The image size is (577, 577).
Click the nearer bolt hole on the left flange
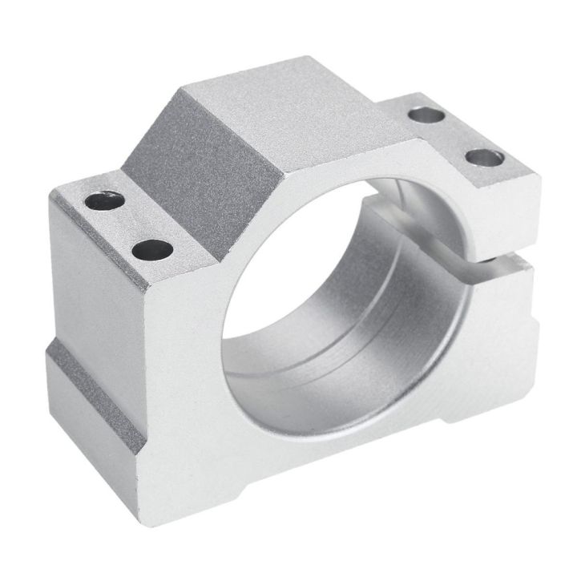click(152, 250)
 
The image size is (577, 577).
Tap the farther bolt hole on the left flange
click(105, 200)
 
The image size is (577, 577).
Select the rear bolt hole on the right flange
click(426, 114)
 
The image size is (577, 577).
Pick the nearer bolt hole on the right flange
click(484, 158)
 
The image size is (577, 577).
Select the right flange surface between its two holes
click(455, 136)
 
